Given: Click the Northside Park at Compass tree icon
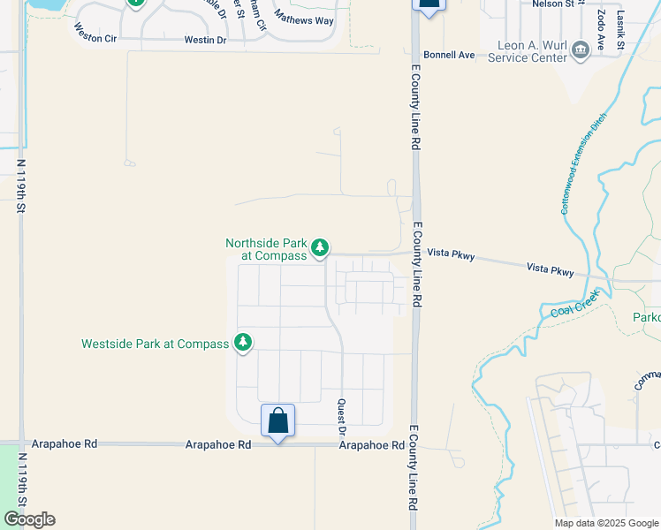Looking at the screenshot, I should point(321,248).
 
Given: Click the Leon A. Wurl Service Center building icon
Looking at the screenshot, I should point(580,49).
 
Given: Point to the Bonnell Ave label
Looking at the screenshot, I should point(449,55).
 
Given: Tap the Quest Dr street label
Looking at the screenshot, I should point(341,416).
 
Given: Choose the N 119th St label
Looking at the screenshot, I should point(20,185).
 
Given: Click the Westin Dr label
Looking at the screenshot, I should point(205,41).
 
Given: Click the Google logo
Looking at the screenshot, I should point(29,519).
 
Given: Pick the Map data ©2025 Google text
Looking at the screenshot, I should point(605,523).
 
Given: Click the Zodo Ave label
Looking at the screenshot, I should point(601,30).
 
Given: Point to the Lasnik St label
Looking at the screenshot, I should point(621,28).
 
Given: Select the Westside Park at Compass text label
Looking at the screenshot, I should point(155,344).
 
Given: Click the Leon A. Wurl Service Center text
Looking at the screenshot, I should point(531,52).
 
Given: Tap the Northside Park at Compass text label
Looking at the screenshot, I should point(267,249).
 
